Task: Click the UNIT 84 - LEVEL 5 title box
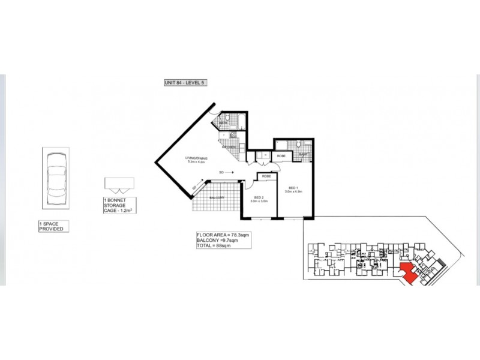(185, 83)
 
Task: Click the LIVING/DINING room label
(197, 160)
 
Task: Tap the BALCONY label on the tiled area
(216, 198)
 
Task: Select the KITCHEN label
(229, 147)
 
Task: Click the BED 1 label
(294, 189)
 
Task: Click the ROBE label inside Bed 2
(267, 176)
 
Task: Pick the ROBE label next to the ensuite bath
(281, 156)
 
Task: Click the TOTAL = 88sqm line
(215, 245)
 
